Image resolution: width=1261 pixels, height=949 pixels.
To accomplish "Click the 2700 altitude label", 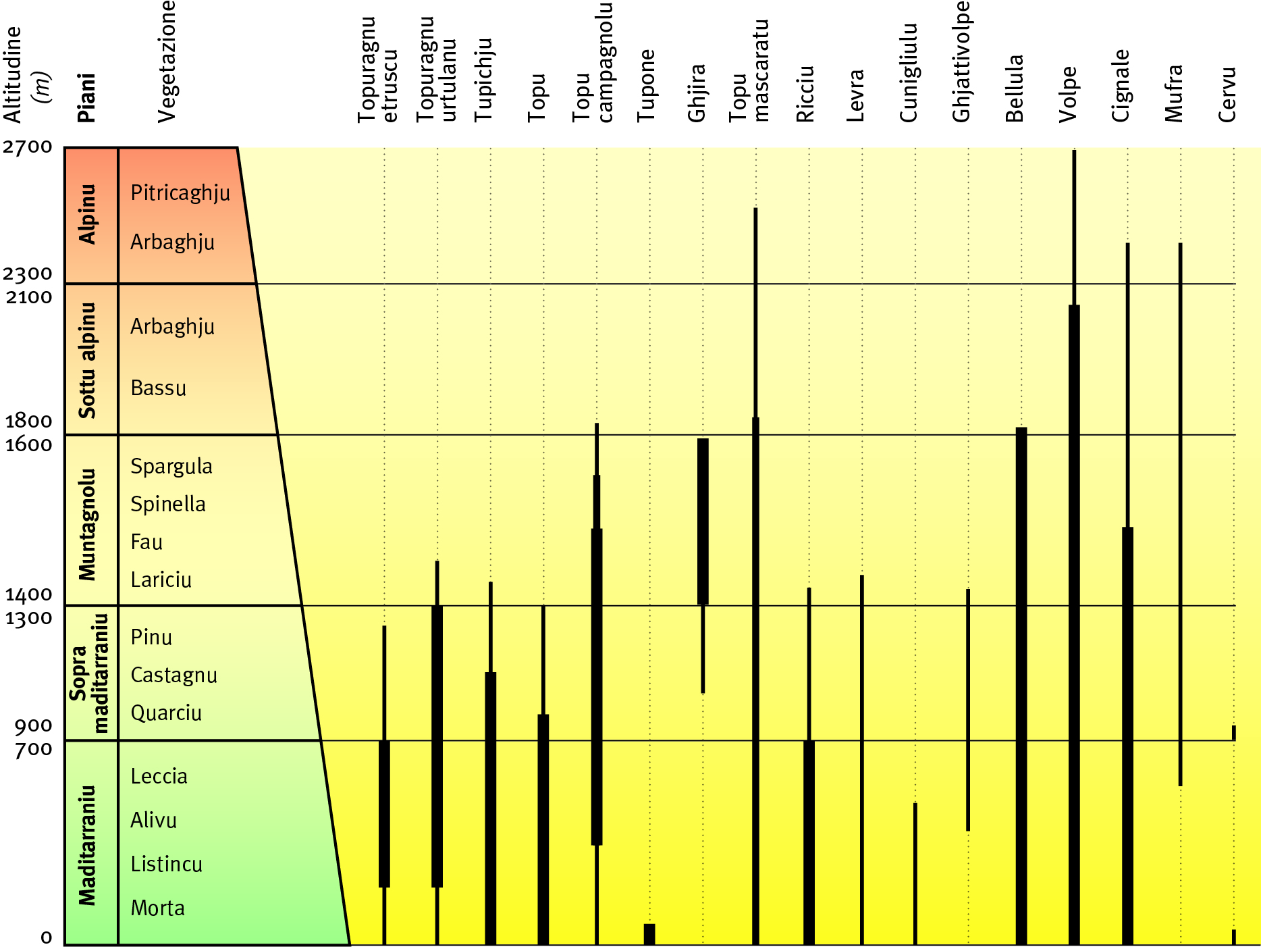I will tap(27, 147).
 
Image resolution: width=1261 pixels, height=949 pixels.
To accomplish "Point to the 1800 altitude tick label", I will tap(28, 421).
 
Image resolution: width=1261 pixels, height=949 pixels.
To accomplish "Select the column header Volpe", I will tap(1068, 95).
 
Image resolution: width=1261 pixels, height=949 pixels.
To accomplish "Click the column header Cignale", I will tap(1121, 86).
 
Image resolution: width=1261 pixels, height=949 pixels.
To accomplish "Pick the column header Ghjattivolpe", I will tap(961, 62).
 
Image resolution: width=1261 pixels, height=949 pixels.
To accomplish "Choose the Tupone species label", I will tap(646, 86).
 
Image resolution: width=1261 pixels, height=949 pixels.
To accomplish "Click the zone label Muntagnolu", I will tap(88, 524).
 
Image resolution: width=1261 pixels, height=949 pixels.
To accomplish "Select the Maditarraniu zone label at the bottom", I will tap(88, 844).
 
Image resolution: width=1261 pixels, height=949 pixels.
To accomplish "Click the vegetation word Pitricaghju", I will tap(180, 193).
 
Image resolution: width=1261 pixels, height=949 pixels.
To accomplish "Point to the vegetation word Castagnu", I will tap(173, 675).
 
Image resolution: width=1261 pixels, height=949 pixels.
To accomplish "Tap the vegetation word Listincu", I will tap(166, 864).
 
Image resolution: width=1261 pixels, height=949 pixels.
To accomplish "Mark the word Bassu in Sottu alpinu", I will tap(158, 388).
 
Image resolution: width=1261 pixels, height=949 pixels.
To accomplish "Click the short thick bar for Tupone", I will tap(649, 933).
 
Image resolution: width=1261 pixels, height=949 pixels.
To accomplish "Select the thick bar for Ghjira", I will tap(703, 521).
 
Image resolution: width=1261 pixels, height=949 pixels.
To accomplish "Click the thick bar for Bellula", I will tap(1021, 685).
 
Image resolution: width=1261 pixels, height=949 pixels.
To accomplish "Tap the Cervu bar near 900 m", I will tap(1234, 732).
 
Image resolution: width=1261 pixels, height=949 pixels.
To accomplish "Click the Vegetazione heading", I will tap(167, 62).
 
